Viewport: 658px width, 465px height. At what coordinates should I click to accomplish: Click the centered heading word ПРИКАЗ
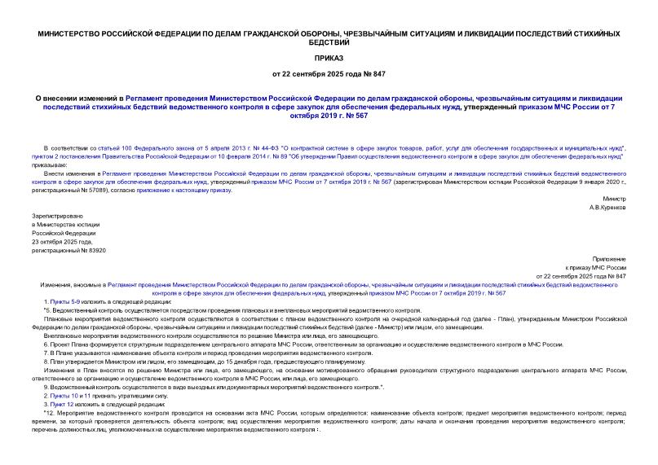(329, 59)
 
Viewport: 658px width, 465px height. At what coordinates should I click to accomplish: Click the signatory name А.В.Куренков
(607, 208)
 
